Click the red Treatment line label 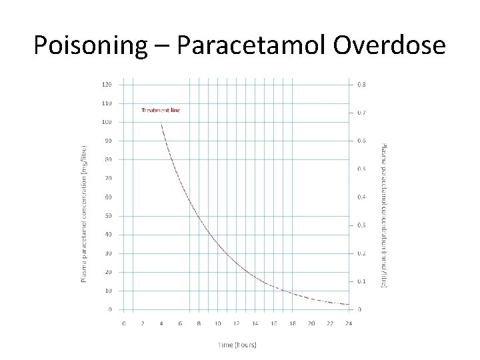161,110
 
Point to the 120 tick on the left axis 107,85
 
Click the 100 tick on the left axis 107,122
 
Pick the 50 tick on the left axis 108,216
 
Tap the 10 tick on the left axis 108,291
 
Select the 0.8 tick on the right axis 361,85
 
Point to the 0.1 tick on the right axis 361,281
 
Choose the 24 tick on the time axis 349,323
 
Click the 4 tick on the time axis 161,323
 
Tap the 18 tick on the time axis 293,323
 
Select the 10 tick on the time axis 217,323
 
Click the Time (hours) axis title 237,344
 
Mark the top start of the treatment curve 161,123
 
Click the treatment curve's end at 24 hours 349,305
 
